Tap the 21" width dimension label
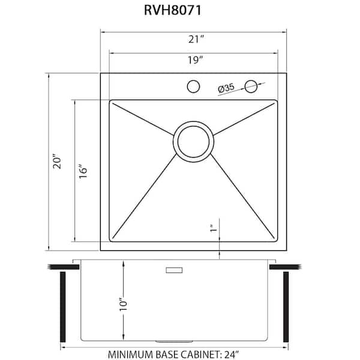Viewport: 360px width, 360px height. (193, 40)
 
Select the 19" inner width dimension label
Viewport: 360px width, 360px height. (193, 60)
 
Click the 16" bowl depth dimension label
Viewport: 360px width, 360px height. (84, 170)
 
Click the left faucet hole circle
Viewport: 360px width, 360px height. (193, 86)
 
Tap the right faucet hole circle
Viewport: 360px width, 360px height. (253, 86)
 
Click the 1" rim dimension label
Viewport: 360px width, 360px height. (212, 229)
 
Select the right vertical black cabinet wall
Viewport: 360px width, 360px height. (286, 307)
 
